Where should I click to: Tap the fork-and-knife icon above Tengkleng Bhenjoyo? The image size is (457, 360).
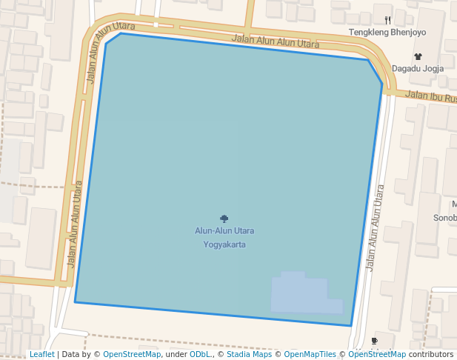click(387, 21)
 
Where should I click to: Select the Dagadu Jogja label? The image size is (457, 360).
click(417, 68)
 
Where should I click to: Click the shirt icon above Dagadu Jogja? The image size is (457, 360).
click(418, 56)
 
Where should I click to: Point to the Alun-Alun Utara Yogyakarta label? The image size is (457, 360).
click(224, 237)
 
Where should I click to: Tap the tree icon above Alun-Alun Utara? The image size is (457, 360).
click(224, 219)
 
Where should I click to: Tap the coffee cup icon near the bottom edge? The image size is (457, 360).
click(374, 341)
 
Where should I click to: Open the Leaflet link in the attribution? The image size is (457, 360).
click(41, 354)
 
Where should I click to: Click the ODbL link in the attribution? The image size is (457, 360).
click(200, 354)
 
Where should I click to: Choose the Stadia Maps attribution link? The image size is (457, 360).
click(249, 354)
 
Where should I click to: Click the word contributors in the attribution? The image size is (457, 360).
click(431, 354)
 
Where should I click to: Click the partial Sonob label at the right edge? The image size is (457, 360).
click(444, 218)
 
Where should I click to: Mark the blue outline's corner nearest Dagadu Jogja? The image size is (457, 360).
click(382, 83)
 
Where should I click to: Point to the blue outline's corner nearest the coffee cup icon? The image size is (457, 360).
click(350, 325)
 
